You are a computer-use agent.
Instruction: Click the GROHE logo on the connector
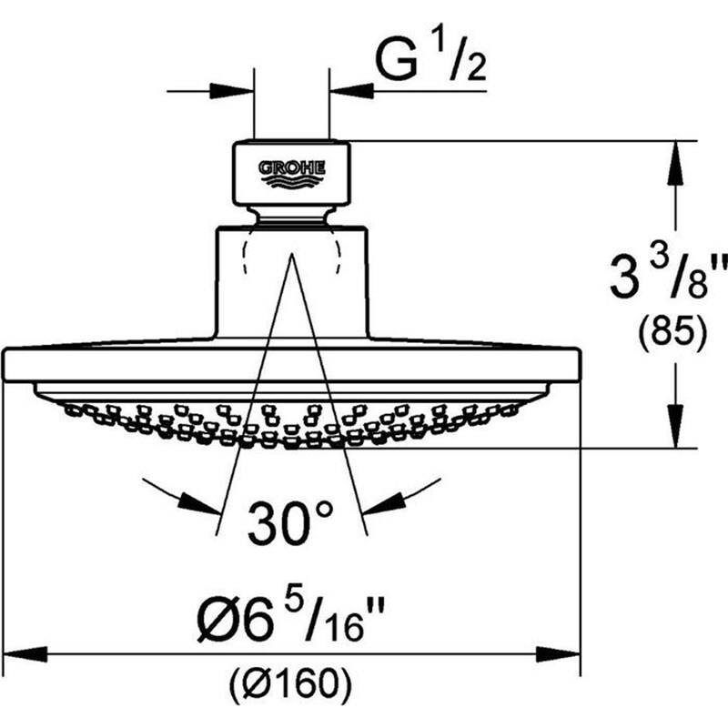(x=292, y=174)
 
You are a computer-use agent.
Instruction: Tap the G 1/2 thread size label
(x=430, y=61)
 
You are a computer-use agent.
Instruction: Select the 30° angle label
(x=290, y=522)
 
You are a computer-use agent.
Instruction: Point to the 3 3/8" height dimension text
(x=669, y=278)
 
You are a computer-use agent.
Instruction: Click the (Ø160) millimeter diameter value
(x=290, y=682)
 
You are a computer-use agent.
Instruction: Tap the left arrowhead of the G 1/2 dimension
(x=232, y=91)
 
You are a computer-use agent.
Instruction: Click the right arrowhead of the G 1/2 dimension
(x=351, y=91)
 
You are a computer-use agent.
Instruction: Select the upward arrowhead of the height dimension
(x=675, y=163)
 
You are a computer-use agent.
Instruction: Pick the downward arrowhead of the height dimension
(x=675, y=426)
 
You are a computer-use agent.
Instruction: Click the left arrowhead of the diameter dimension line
(x=25, y=654)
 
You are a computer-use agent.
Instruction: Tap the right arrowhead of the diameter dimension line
(x=558, y=654)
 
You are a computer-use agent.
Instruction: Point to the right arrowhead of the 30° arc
(x=383, y=504)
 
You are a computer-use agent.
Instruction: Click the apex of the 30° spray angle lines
(x=291, y=255)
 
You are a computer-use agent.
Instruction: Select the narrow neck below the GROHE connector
(x=291, y=217)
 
